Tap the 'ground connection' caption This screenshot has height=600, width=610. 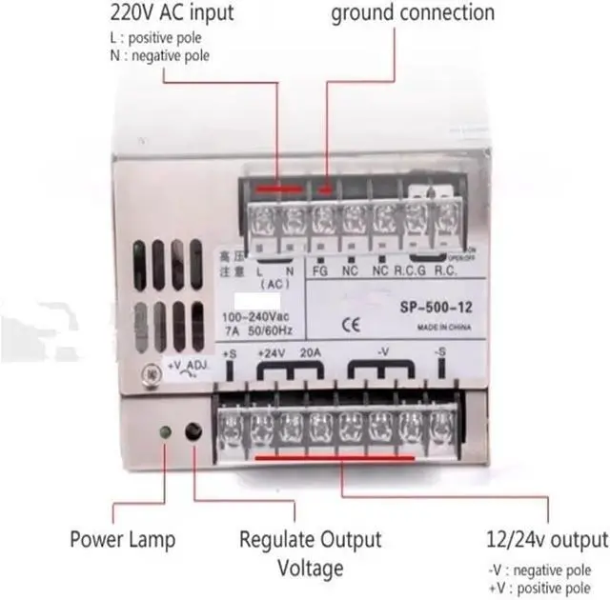413,13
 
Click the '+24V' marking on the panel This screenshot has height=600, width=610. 273,353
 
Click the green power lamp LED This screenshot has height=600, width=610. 165,432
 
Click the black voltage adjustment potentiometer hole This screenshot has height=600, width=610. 193,432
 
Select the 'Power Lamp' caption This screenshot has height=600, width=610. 122,540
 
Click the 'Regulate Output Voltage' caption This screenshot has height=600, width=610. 310,554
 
